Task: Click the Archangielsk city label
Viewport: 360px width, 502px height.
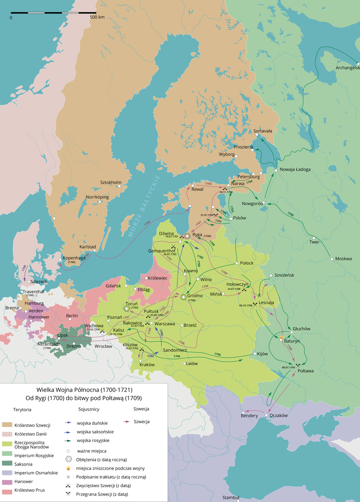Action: pyautogui.click(x=347, y=68)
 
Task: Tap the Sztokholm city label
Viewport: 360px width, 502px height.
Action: pyautogui.click(x=111, y=182)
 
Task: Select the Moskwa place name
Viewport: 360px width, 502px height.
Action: pyautogui.click(x=343, y=259)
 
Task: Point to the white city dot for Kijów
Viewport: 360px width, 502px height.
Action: pyautogui.click(x=255, y=354)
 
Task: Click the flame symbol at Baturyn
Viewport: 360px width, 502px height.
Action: pyautogui.click(x=281, y=337)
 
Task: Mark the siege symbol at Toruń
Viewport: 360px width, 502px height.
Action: pyautogui.click(x=127, y=309)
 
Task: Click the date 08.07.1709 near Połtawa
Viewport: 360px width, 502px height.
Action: pyautogui.click(x=288, y=367)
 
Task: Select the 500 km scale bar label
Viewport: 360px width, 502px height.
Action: pyautogui.click(x=97, y=17)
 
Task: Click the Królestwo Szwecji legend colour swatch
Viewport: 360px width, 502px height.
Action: pyautogui.click(x=7, y=425)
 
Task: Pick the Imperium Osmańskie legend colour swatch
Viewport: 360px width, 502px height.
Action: pyautogui.click(x=7, y=473)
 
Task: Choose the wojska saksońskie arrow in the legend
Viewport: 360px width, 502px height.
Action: pyautogui.click(x=67, y=432)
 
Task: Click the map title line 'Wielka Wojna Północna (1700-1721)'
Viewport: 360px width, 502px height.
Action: pyautogui.click(x=84, y=390)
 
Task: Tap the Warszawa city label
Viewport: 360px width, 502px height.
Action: pyautogui.click(x=165, y=324)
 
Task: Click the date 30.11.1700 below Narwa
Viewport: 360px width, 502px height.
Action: pyautogui.click(x=226, y=192)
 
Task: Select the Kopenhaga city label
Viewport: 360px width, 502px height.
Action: pyautogui.click(x=74, y=258)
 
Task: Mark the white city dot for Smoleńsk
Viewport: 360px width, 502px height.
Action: pyautogui.click(x=271, y=276)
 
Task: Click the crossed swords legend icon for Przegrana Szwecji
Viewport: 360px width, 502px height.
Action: pyautogui.click(x=68, y=494)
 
